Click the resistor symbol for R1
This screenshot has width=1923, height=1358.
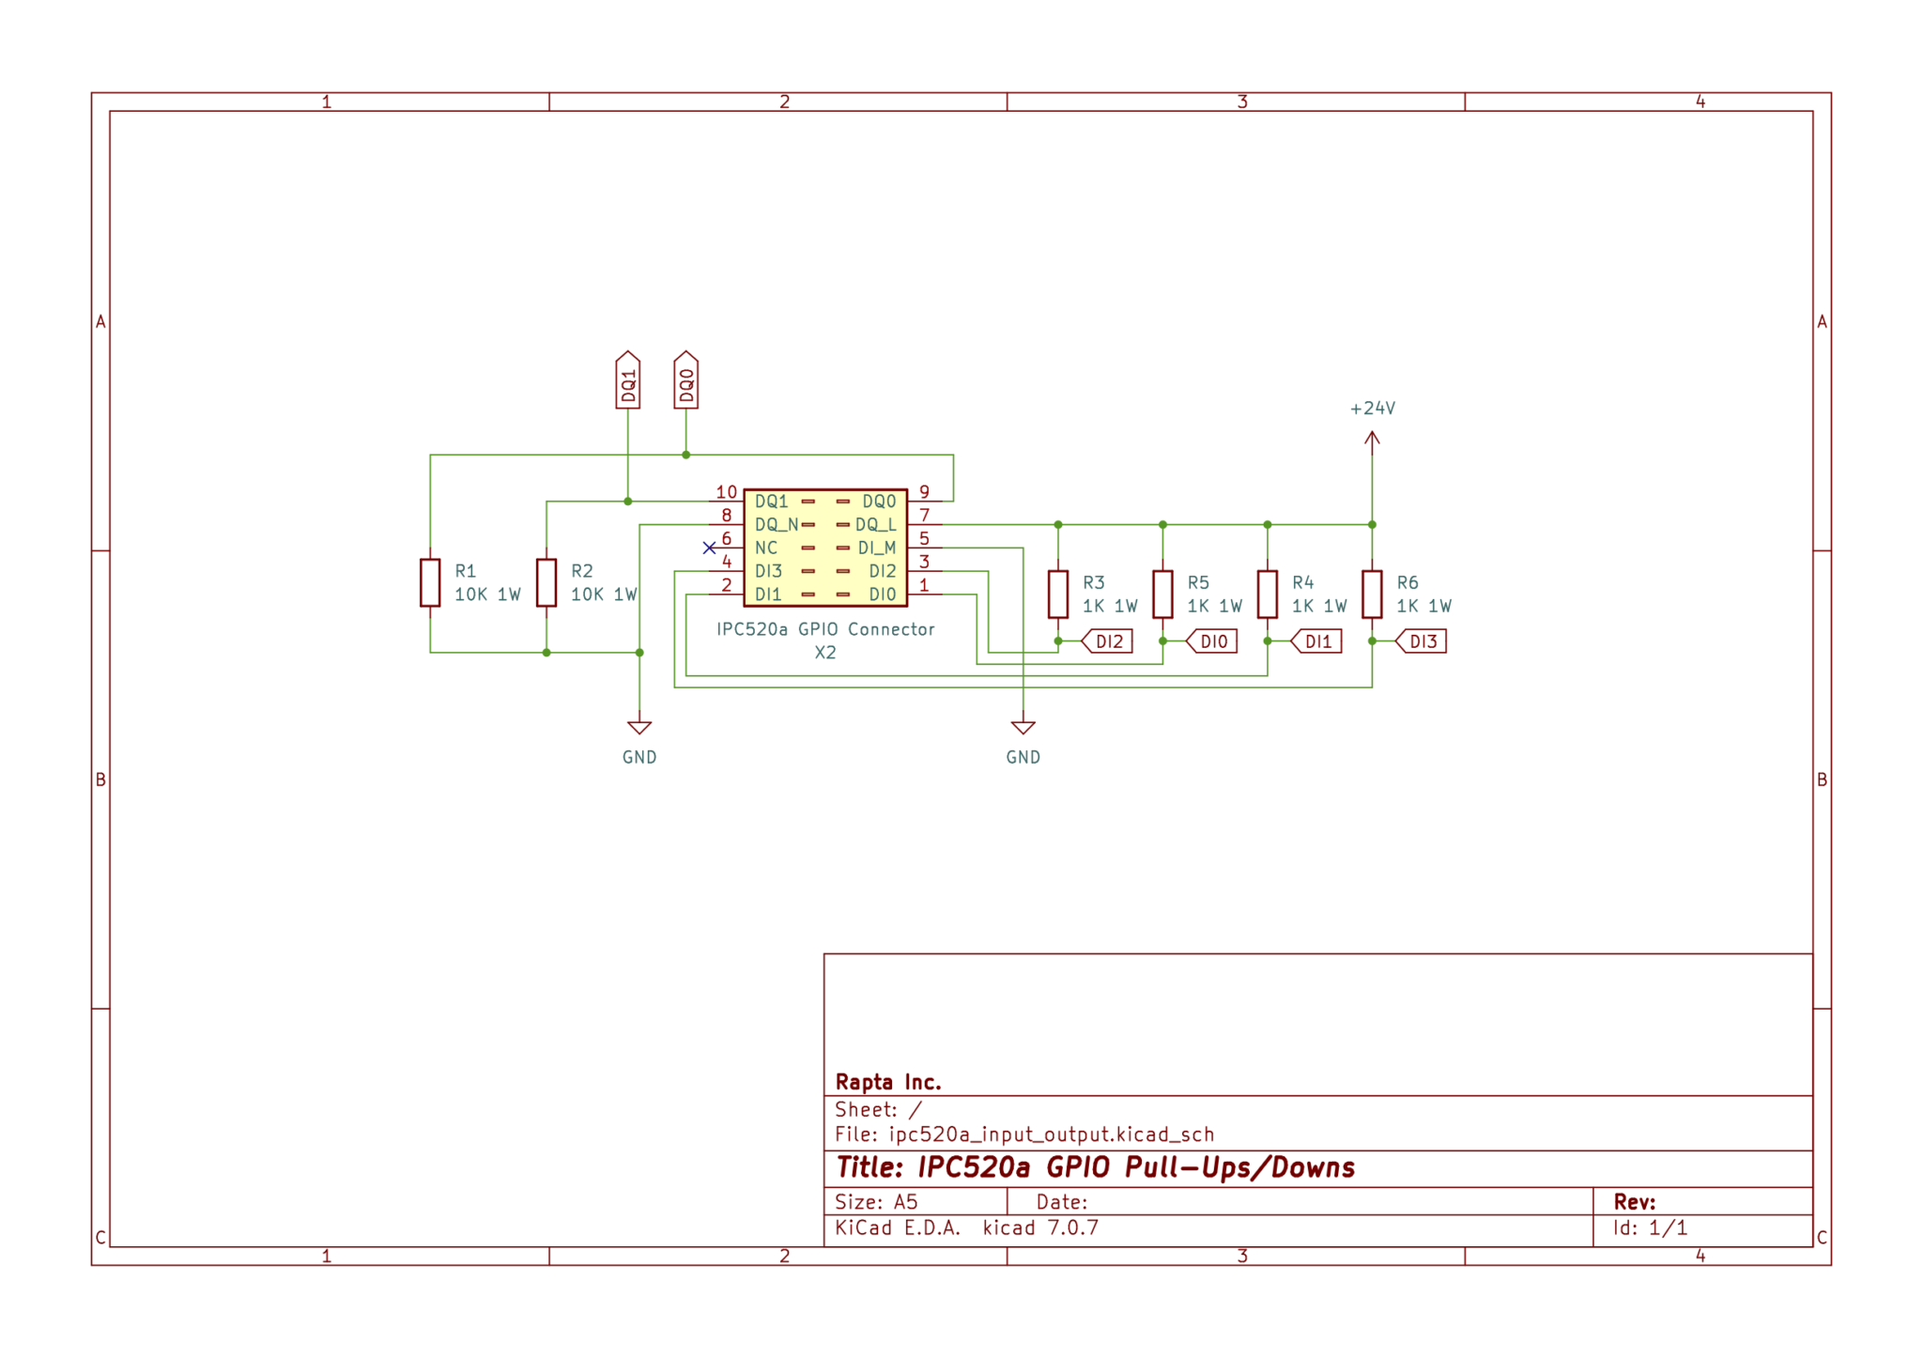click(430, 582)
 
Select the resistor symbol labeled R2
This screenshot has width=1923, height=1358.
click(546, 582)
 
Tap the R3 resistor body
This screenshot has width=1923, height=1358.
click(1058, 594)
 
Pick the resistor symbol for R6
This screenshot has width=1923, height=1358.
click(1372, 594)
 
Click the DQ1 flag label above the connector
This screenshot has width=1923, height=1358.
click(628, 380)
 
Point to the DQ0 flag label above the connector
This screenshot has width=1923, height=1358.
click(686, 380)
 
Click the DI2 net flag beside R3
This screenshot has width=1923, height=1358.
click(1107, 641)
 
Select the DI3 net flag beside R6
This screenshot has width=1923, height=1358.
click(1421, 641)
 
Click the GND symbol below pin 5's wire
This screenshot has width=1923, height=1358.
click(1023, 728)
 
